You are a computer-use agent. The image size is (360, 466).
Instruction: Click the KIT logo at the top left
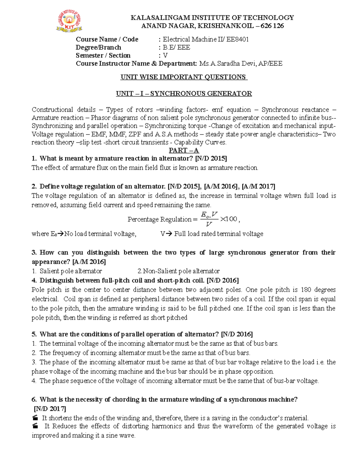coord(69,21)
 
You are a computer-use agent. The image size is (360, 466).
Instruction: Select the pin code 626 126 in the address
coord(272,26)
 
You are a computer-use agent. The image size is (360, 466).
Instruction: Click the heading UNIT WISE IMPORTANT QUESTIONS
coord(184,77)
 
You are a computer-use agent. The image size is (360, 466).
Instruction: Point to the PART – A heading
coord(184,150)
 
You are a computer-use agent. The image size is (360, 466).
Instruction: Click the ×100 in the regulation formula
coord(229,219)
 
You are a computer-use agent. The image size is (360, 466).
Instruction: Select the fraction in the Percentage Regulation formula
coord(209,219)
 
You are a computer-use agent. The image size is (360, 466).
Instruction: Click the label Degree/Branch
coord(98,47)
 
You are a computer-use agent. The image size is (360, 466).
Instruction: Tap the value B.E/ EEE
coord(176,47)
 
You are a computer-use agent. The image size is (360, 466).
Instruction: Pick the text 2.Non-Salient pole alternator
coord(178,271)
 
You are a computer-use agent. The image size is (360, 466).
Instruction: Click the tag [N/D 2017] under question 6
coord(50,409)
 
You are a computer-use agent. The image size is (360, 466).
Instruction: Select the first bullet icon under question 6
coord(35,418)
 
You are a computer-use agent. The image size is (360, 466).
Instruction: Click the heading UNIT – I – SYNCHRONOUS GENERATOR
coord(184,94)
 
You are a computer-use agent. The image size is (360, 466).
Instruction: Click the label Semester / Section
coord(103,56)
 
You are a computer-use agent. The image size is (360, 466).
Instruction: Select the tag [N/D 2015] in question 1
coord(211,158)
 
